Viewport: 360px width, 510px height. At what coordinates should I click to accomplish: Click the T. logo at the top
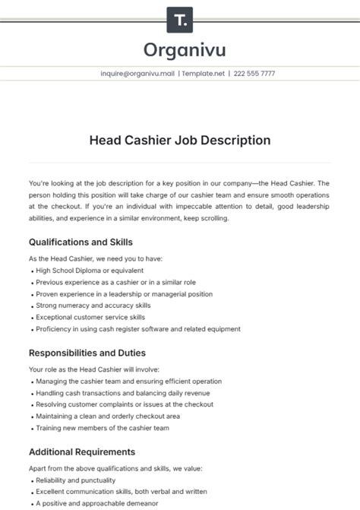[179, 18]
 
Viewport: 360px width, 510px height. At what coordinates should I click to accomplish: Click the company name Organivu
[179, 50]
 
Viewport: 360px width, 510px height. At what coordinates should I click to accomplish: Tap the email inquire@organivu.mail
[137, 74]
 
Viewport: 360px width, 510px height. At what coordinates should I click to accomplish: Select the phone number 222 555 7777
[254, 74]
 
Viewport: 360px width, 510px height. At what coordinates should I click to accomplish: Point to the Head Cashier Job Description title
[180, 140]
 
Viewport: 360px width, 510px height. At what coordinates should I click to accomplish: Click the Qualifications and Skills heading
[81, 242]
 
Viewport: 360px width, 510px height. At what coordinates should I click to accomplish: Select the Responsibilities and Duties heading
[87, 353]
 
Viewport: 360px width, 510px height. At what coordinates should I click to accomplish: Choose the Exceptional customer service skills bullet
[101, 318]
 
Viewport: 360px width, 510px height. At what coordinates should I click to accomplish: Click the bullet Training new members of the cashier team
[112, 429]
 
